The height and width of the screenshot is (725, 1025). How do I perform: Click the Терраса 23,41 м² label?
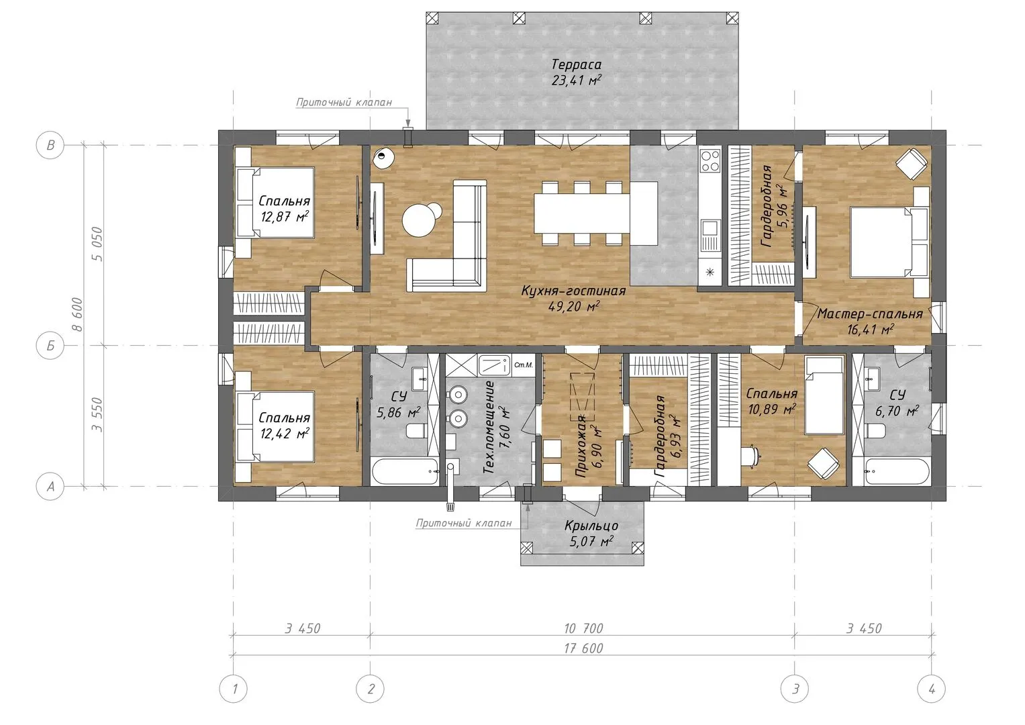[x=576, y=72]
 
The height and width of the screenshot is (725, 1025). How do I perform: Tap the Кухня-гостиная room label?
[x=573, y=291]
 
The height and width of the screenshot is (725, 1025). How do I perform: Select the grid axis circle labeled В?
[x=50, y=145]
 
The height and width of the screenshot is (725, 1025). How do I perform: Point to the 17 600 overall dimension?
[x=583, y=648]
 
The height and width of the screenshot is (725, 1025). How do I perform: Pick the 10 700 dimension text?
[x=583, y=628]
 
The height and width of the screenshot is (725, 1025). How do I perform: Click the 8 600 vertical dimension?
[x=77, y=314]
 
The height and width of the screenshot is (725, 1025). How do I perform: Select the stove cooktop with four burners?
[x=710, y=160]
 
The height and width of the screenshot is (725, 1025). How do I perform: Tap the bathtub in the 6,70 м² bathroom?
[x=897, y=471]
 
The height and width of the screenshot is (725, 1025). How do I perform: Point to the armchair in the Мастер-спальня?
[x=912, y=163]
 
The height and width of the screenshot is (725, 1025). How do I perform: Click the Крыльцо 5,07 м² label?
[x=591, y=534]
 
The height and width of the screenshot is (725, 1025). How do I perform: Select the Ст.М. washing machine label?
[x=524, y=365]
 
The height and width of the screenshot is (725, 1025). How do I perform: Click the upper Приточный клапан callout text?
[x=344, y=102]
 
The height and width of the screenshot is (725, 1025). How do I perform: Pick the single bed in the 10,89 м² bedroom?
[x=824, y=395]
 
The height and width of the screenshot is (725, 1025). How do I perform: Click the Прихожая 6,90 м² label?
[x=587, y=445]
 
